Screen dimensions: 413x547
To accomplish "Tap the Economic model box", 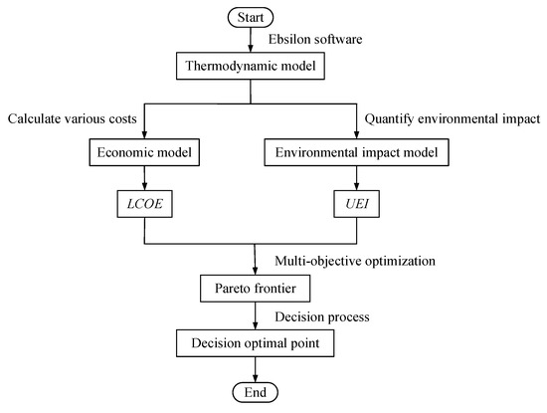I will pyautogui.click(x=145, y=154).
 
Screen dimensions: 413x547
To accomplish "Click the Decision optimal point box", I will pyautogui.click(x=256, y=344).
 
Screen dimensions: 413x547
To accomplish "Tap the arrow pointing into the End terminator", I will pyautogui.click(x=256, y=370).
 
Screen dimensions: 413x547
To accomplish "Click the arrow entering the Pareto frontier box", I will pyautogui.click(x=256, y=262).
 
